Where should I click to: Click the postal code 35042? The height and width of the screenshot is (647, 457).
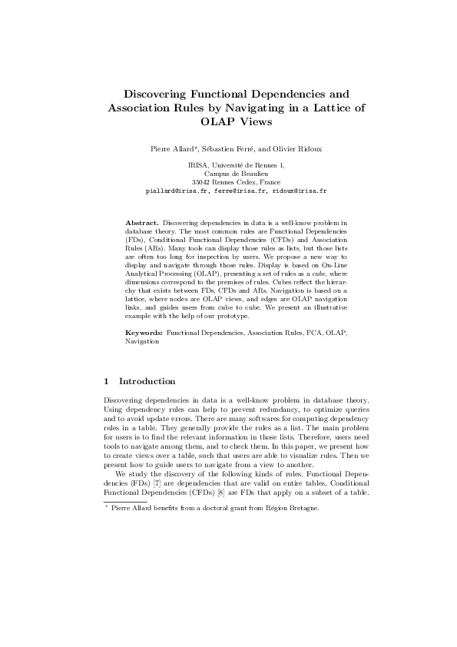(203, 181)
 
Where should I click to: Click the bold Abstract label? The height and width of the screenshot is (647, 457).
(142, 222)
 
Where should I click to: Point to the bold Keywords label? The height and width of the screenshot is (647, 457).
(144, 333)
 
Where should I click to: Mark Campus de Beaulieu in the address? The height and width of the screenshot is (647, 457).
(228, 174)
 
